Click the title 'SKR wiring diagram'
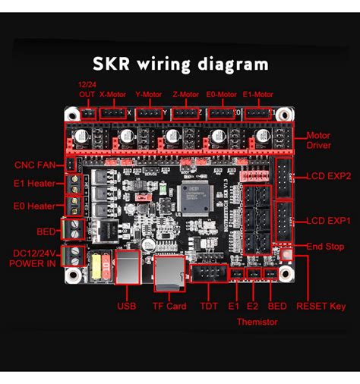180,64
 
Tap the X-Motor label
112,95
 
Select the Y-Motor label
149,95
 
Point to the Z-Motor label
186,95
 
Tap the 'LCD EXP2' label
328,175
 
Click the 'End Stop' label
325,247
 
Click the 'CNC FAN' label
34,165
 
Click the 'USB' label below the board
126,307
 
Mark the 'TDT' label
208,307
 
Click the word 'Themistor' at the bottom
256,322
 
